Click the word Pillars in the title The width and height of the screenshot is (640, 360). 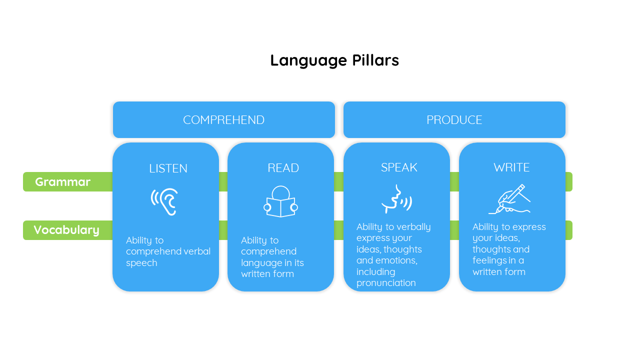375,60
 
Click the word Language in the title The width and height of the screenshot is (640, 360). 308,61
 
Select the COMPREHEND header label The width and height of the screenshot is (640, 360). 223,120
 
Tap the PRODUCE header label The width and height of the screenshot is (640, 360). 454,120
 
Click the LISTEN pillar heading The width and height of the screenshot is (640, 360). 168,168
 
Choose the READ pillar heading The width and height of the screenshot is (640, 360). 283,168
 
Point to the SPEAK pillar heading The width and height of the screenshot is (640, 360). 399,167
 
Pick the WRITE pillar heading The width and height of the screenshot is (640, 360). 511,167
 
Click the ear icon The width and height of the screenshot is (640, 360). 164,201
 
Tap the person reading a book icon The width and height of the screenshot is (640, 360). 280,201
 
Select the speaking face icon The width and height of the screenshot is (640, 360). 396,199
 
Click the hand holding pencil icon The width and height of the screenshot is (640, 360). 509,199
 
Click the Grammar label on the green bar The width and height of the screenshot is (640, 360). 62,182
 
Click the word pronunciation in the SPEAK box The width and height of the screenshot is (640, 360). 386,283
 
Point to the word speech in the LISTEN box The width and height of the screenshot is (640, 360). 141,263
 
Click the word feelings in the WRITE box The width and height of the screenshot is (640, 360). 490,261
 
